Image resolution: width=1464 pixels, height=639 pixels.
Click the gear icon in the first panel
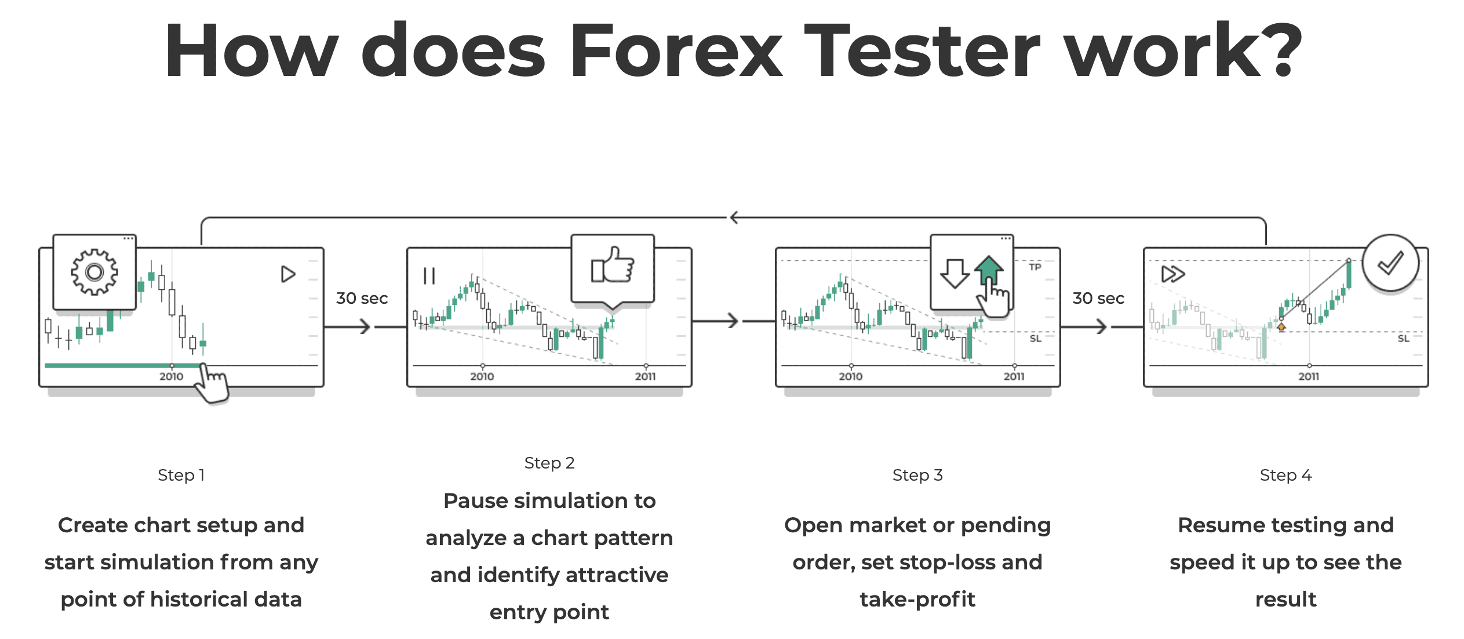(x=94, y=272)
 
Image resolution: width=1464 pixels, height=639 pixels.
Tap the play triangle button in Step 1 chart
(x=287, y=274)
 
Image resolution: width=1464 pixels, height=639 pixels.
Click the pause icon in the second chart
(x=429, y=276)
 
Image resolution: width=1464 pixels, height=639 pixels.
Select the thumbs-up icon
(x=612, y=266)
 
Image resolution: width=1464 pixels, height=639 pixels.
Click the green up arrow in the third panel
(x=989, y=270)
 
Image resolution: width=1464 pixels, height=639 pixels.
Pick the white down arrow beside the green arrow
(x=954, y=273)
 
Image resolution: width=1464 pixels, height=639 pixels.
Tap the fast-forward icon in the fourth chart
(x=1173, y=274)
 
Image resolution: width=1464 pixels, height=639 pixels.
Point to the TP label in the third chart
(x=1035, y=267)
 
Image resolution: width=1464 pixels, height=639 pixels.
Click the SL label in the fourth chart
(x=1403, y=338)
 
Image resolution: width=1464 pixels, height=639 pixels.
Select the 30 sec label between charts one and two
(x=362, y=298)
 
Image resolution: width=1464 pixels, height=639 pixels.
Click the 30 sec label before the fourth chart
(x=1098, y=298)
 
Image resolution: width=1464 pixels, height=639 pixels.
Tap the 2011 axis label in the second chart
(x=645, y=376)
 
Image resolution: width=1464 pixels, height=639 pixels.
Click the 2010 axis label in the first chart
(x=171, y=376)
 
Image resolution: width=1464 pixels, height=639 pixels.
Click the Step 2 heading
(x=549, y=463)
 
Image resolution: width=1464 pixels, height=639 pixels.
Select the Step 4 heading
(x=1285, y=475)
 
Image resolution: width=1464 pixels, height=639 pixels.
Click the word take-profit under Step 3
(x=917, y=599)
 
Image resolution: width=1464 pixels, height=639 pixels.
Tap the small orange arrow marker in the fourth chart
(x=1281, y=328)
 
